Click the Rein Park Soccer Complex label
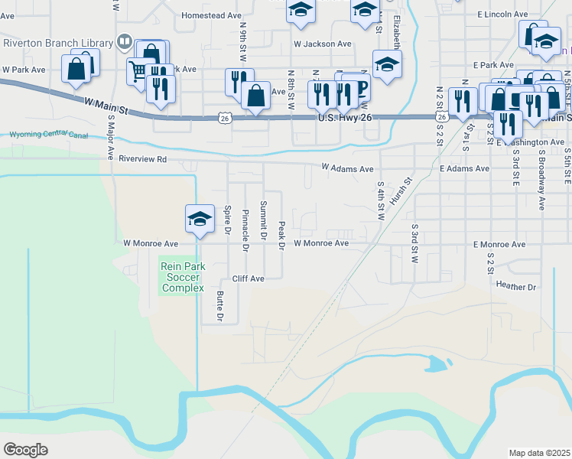[183, 277]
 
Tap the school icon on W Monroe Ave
[199, 219]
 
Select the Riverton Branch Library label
[57, 42]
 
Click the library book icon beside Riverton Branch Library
[124, 42]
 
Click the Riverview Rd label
[142, 159]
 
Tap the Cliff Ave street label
[248, 279]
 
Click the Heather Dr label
[516, 286]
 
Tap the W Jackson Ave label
[323, 44]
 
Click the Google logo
[26, 449]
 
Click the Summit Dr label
[263, 220]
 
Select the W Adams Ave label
[347, 168]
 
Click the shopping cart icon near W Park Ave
[138, 72]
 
